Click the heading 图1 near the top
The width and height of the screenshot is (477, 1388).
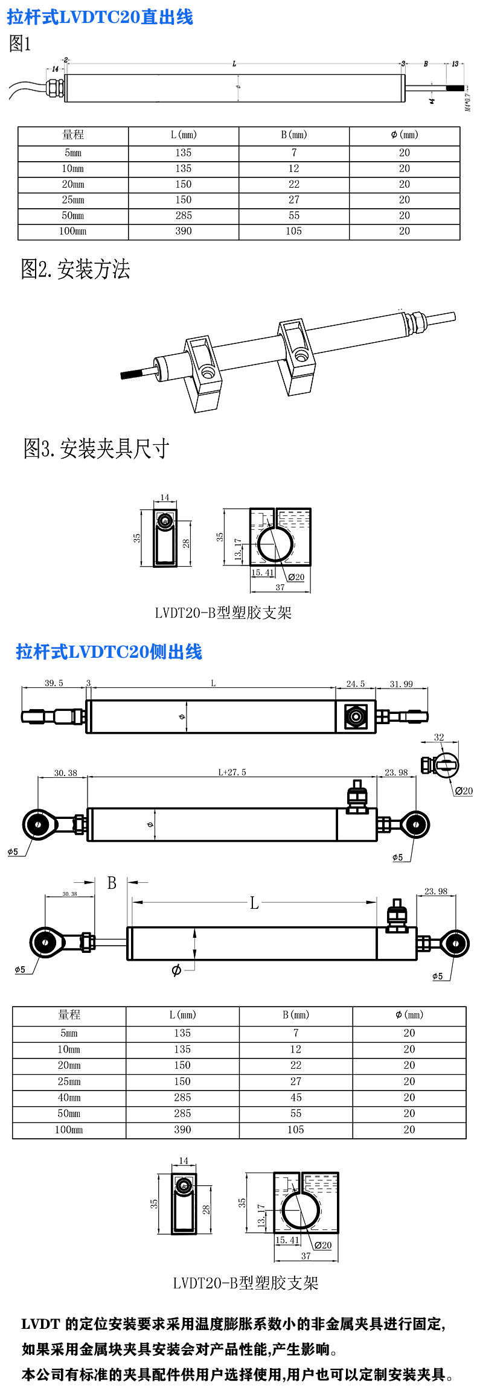(19, 44)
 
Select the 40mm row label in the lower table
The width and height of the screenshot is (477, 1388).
(69, 1097)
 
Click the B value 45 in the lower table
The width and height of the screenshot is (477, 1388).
(295, 1097)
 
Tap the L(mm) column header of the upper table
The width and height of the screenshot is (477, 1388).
(184, 135)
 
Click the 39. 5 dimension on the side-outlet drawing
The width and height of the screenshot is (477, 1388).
(54, 683)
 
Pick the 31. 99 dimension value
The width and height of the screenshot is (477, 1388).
(401, 684)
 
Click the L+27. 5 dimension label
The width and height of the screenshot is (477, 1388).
(232, 772)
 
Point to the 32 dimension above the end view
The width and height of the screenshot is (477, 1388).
(439, 737)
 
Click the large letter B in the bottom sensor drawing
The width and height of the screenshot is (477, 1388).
(112, 883)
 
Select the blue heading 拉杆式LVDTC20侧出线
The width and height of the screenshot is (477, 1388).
(109, 652)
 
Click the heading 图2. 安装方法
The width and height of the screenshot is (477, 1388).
(75, 269)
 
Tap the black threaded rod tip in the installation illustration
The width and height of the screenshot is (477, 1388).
(130, 374)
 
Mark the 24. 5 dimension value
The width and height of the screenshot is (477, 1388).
(355, 684)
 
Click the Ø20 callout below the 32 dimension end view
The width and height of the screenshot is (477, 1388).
(463, 791)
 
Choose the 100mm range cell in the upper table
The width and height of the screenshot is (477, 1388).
(72, 231)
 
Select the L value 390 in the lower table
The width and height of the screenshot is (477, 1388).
(182, 1129)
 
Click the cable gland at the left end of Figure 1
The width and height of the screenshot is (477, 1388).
(54, 86)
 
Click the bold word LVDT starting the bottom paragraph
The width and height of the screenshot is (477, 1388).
(40, 1324)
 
